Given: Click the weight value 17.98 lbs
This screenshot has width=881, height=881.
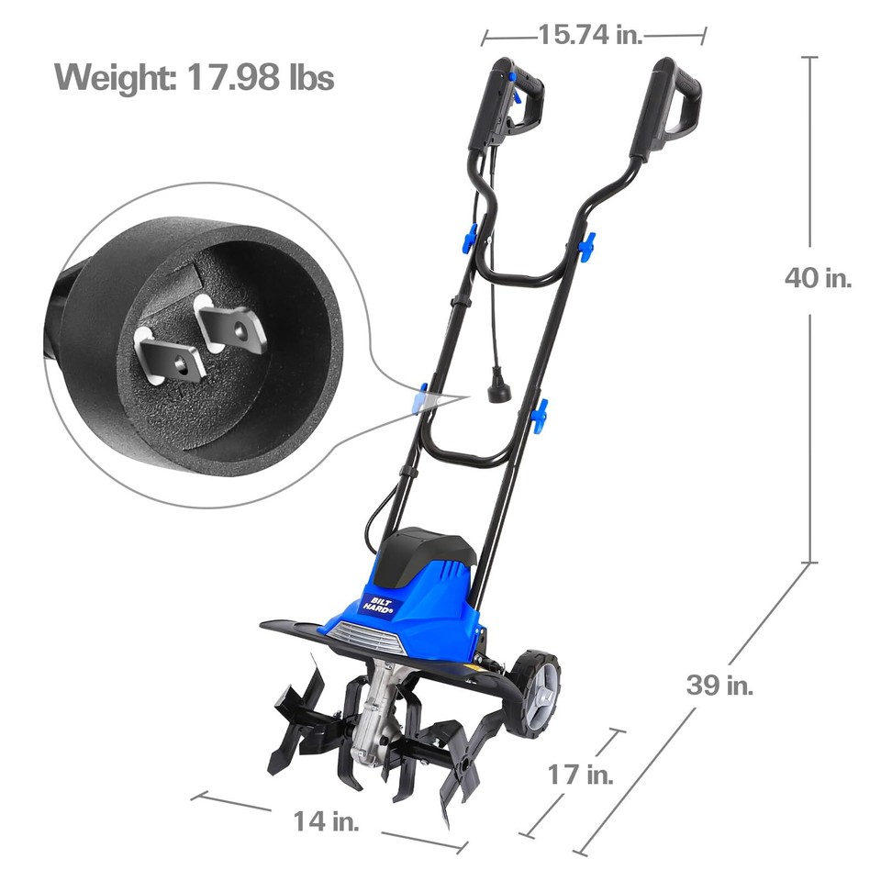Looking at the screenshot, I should point(261,77).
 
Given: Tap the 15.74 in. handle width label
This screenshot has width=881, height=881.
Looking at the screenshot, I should point(590,35).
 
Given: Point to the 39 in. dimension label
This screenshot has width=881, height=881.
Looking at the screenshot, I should point(720,685).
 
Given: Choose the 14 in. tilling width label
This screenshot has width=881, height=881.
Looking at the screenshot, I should point(327,820).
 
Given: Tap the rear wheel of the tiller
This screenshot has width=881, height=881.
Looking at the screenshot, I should point(537,692).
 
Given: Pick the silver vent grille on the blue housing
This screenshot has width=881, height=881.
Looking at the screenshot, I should point(362,637).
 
